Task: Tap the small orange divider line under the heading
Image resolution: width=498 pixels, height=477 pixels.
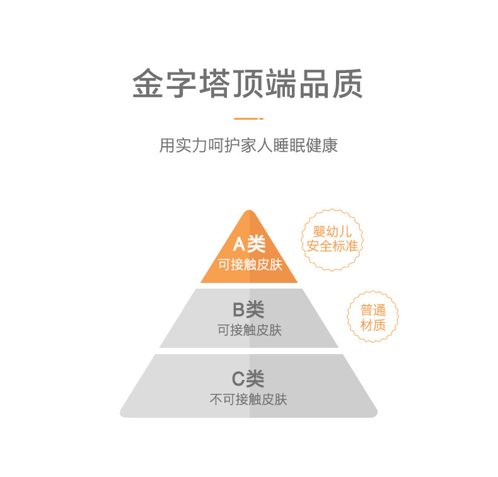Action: point(248,118)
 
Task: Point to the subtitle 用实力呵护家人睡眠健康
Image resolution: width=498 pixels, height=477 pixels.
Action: point(248,146)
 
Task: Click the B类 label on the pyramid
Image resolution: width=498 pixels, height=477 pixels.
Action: point(248,310)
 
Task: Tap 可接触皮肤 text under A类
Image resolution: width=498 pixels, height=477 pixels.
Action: point(250,265)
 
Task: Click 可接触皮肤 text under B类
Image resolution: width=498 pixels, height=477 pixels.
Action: point(249,330)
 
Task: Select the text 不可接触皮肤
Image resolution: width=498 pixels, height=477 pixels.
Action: point(248,399)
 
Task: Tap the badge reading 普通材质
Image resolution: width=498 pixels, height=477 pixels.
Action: point(373,318)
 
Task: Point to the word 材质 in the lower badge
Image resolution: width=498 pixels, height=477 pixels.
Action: point(373,326)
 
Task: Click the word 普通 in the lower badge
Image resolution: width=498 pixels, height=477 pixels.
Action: point(373,310)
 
